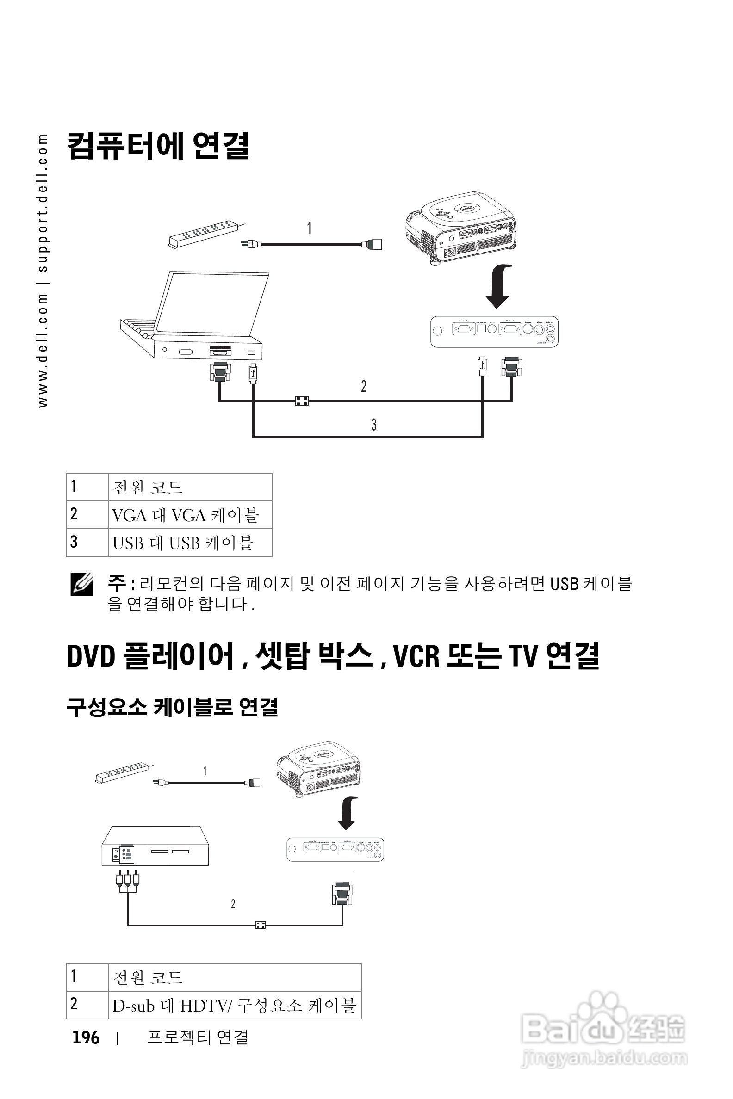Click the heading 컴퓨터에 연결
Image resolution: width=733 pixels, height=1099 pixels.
click(158, 146)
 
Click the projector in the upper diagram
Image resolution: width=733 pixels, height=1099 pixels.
click(460, 227)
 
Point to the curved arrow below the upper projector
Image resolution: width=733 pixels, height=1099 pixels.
click(499, 286)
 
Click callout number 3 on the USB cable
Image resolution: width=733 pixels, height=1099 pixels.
click(374, 424)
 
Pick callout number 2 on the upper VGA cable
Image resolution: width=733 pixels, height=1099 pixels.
click(364, 386)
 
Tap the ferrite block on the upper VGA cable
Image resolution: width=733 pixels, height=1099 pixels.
click(302, 401)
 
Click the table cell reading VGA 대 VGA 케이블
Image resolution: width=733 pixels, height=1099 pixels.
click(186, 515)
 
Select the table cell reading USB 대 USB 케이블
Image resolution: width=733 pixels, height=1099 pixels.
click(183, 543)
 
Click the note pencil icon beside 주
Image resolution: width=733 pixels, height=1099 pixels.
click(82, 585)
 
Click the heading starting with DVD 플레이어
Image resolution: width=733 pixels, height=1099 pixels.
click(333, 656)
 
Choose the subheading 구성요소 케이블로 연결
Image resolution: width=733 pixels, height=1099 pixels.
click(173, 707)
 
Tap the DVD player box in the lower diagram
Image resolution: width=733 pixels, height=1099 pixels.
click(155, 846)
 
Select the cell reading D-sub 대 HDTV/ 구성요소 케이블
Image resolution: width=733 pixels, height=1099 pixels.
click(234, 1006)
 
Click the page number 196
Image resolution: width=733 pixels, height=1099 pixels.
click(86, 1038)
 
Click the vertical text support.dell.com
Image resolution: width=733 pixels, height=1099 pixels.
click(43, 203)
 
